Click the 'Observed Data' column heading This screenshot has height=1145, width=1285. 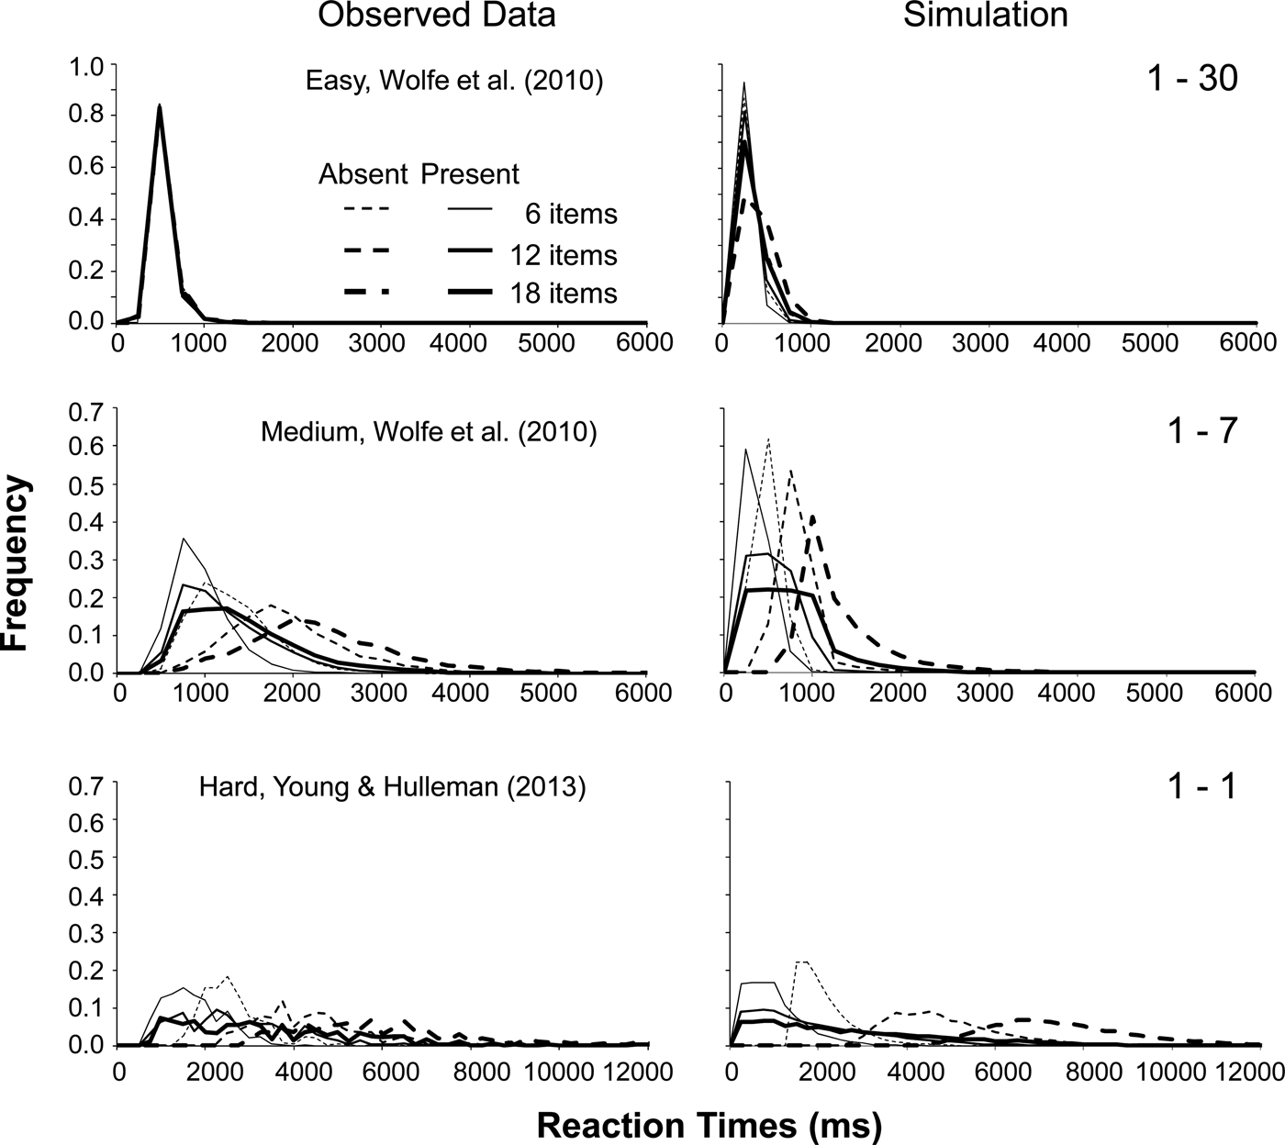[436, 16]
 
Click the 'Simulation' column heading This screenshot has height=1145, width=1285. [986, 16]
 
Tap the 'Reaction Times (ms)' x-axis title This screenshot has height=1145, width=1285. [708, 1126]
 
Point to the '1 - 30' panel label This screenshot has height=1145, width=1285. [1191, 79]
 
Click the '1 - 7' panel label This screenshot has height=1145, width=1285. [1204, 430]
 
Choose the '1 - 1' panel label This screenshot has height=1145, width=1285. [1205, 784]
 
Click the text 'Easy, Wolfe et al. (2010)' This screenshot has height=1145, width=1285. [454, 82]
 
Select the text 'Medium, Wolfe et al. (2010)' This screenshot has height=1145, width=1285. [429, 431]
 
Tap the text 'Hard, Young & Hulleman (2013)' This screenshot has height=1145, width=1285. [392, 786]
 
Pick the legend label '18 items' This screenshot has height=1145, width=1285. [564, 293]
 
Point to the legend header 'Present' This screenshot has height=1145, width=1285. [470, 173]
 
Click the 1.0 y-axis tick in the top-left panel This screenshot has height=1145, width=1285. [91, 65]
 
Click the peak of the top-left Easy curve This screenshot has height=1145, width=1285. [161, 106]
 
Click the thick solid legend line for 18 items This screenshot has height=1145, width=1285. [474, 293]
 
